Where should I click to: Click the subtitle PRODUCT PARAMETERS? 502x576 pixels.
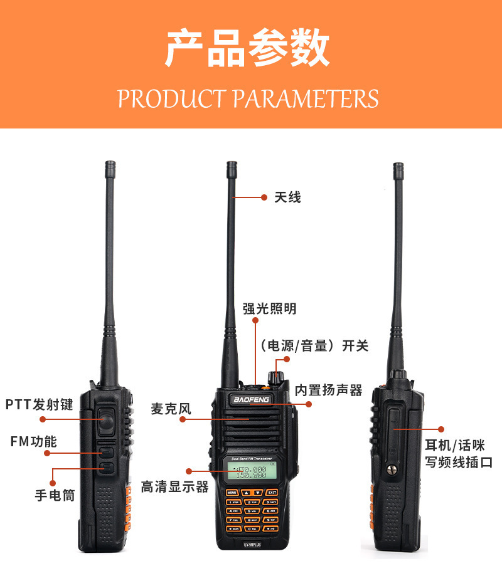click(x=248, y=99)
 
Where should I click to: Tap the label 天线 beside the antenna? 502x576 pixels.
click(x=288, y=197)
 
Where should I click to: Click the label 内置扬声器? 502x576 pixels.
click(x=329, y=390)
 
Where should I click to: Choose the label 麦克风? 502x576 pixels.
click(x=170, y=409)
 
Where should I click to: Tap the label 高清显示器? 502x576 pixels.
click(x=174, y=486)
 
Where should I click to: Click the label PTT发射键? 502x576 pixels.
click(x=40, y=404)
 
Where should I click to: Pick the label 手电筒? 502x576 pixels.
click(x=55, y=495)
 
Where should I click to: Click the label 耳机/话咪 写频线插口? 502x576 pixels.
click(x=458, y=454)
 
